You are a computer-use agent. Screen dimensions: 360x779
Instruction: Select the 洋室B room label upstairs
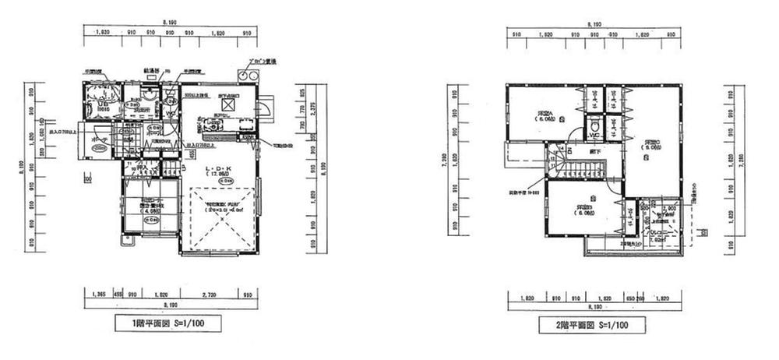[583, 208]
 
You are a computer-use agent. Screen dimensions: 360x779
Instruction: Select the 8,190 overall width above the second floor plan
[594, 26]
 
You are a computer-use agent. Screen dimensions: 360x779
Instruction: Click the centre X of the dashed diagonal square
[220, 220]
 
